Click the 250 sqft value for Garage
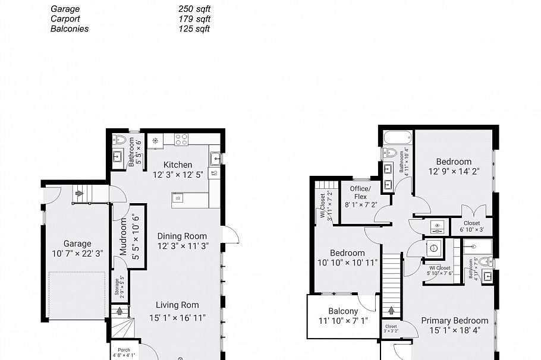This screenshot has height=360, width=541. click(x=194, y=10)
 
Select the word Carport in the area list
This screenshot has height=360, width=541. click(x=65, y=19)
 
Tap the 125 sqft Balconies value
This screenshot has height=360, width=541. click(x=194, y=29)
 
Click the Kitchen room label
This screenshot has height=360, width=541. click(x=178, y=165)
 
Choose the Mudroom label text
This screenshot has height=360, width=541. click(x=124, y=236)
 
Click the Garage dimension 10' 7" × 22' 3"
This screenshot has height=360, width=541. click(x=77, y=253)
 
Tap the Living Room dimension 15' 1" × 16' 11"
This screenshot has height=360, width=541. click(x=177, y=318)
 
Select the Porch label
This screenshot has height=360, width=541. click(x=124, y=350)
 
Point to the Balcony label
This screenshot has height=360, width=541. click(x=343, y=311)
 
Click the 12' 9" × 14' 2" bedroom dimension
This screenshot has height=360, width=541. click(x=454, y=171)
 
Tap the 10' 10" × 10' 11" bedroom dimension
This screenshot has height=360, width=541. click(x=347, y=262)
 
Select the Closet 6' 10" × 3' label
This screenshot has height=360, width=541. click(x=471, y=226)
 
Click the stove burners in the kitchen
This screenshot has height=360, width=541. click(x=181, y=140)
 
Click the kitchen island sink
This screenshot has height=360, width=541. click(x=178, y=197)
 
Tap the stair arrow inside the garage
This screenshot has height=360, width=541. click(x=79, y=193)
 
